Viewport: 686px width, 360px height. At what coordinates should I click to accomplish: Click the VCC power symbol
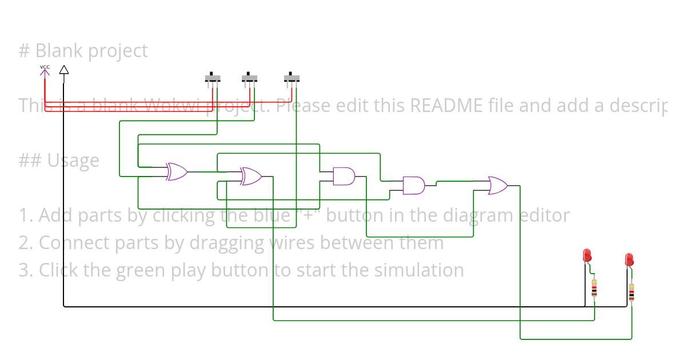[x=45, y=70]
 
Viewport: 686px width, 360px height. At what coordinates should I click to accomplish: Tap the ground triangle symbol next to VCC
[x=64, y=70]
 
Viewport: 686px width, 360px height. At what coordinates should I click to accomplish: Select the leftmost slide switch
[x=213, y=78]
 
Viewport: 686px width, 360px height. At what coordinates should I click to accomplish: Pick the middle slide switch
[x=249, y=78]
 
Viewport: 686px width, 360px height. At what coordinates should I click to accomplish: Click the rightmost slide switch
[x=292, y=78]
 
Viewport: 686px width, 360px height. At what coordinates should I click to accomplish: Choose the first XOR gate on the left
[x=176, y=171]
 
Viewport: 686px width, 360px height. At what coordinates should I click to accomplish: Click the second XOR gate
[x=251, y=176]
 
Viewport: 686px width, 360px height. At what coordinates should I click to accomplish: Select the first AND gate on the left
[x=344, y=177]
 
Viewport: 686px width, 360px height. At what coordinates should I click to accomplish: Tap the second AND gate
[x=414, y=186]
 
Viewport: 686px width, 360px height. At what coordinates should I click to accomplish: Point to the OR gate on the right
[x=497, y=186]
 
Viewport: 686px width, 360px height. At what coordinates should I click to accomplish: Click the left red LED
[x=587, y=255]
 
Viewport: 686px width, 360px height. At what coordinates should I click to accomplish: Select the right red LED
[x=629, y=260]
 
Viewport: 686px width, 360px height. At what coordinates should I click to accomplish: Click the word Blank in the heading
[x=55, y=51]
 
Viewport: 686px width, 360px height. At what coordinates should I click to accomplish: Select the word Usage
[x=73, y=161]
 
